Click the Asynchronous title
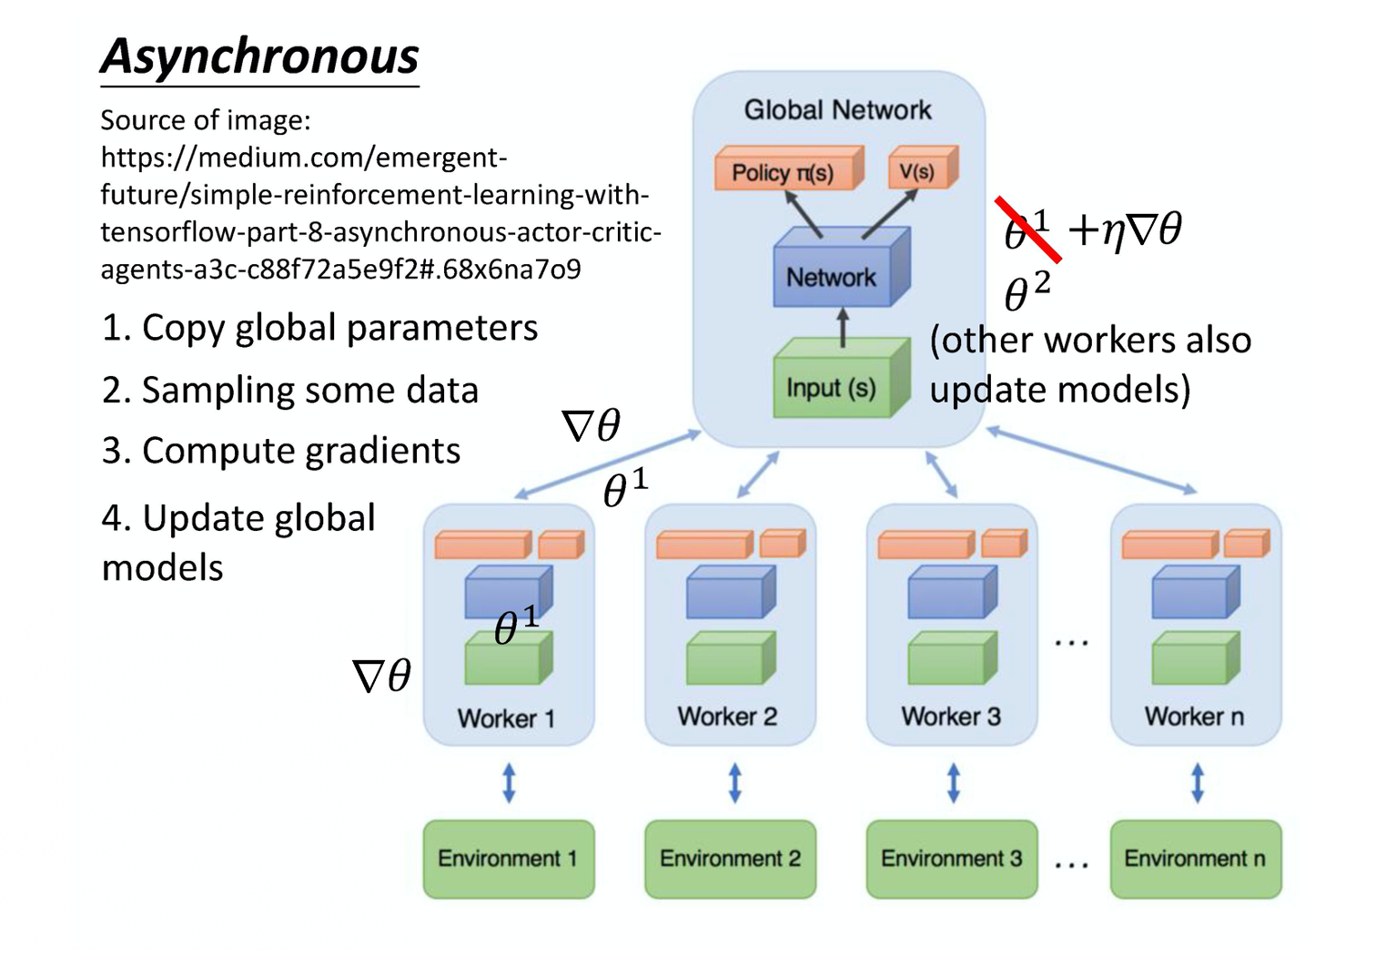point(259,56)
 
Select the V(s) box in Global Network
point(920,169)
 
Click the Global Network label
point(837,110)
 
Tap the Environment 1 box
point(508,859)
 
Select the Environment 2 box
point(730,859)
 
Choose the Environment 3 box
point(951,859)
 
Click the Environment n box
point(1195,859)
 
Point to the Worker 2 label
point(727,717)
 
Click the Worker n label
point(1194,717)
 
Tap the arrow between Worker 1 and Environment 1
point(509,783)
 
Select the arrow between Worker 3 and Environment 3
point(953,783)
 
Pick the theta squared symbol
point(1027,292)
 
